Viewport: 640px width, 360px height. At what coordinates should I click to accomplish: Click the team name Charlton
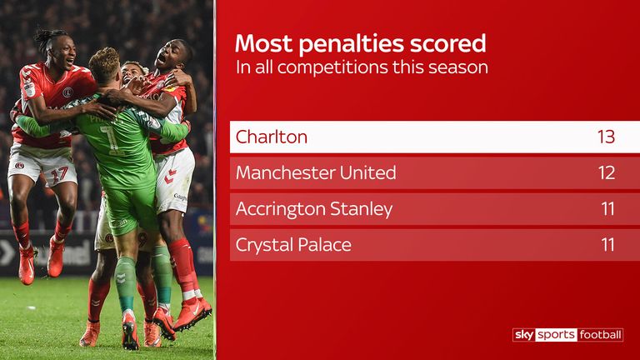coord(272,137)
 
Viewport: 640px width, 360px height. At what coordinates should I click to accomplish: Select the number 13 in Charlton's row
coord(606,137)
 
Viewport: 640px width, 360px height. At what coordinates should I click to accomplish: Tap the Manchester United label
coord(316,172)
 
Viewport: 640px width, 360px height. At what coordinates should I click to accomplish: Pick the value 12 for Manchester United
coord(607,172)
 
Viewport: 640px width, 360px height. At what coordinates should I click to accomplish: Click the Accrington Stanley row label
coord(314,209)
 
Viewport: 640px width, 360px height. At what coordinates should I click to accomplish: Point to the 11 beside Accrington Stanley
coord(607,208)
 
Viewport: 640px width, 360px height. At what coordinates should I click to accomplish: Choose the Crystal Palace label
coord(293,245)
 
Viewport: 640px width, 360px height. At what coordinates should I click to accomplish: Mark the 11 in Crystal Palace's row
coord(607,244)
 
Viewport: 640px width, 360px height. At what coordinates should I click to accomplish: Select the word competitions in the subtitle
coord(332,67)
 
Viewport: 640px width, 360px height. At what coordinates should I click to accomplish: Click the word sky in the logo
coord(524,335)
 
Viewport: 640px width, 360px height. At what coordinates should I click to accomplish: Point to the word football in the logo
coord(600,335)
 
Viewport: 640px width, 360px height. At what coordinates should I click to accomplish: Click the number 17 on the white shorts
coord(59,175)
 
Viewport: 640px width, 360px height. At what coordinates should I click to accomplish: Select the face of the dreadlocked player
coord(64,51)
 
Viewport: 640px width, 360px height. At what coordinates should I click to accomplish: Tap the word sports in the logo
coord(557,335)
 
